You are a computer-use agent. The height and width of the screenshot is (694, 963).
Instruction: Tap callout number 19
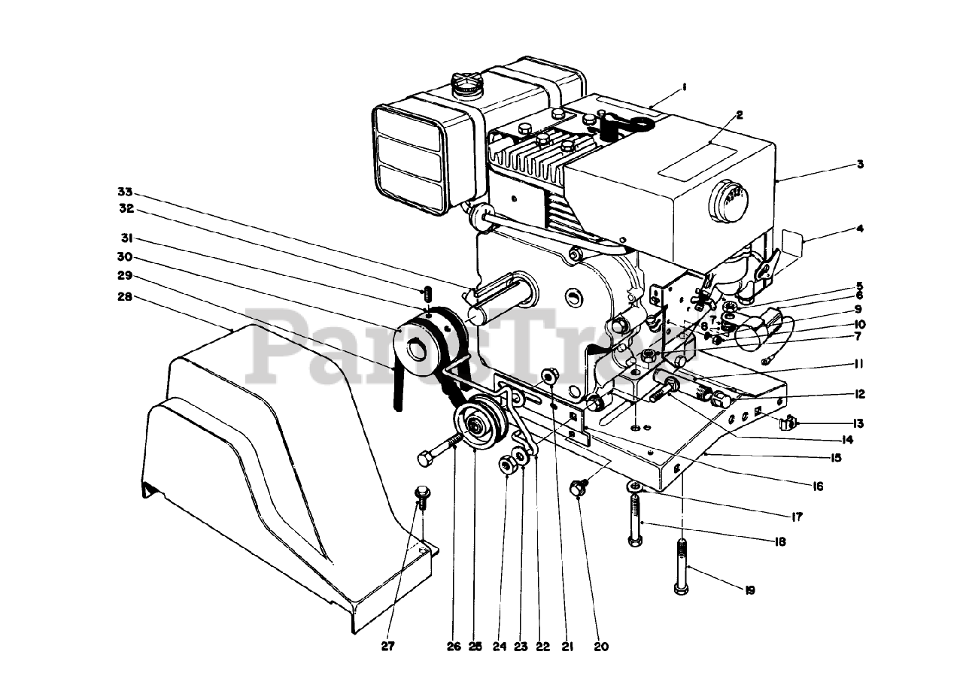tap(750, 590)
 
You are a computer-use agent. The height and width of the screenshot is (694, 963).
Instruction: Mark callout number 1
tap(684, 87)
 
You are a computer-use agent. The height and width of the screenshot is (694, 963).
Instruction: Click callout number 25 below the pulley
tap(475, 646)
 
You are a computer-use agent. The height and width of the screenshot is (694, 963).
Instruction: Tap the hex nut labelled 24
tap(506, 467)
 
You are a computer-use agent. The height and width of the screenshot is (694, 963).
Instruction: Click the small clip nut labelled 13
tap(788, 424)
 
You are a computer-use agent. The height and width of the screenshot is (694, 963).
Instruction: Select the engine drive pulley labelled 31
tap(418, 348)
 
